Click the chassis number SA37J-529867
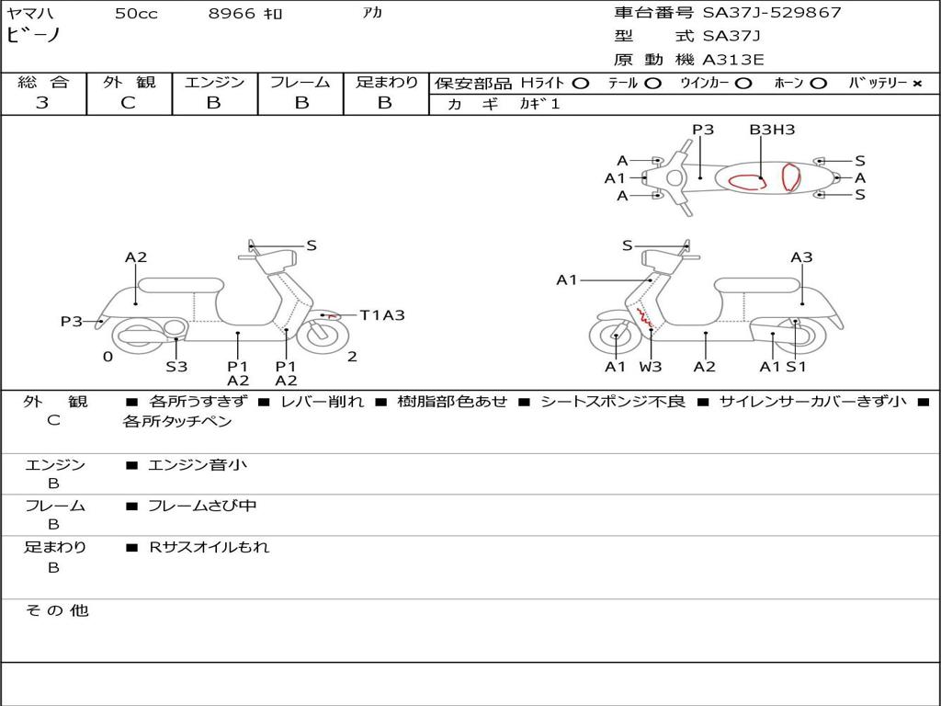(x=772, y=13)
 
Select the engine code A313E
(x=733, y=60)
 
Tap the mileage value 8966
(x=232, y=14)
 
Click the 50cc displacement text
(x=136, y=14)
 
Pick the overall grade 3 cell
(x=42, y=103)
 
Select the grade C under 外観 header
(x=129, y=103)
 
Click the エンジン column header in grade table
(x=214, y=82)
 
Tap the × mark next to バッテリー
(x=916, y=83)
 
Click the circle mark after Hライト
(x=580, y=83)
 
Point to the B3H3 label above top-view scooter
(x=772, y=130)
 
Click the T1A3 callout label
(x=381, y=315)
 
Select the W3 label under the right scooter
(x=651, y=367)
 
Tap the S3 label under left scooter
(x=176, y=367)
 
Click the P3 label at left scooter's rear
(x=72, y=322)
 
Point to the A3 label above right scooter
(x=801, y=257)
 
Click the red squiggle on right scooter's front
(x=645, y=319)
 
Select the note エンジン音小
(x=198, y=465)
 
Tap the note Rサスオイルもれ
(x=210, y=547)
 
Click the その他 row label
(x=56, y=610)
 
